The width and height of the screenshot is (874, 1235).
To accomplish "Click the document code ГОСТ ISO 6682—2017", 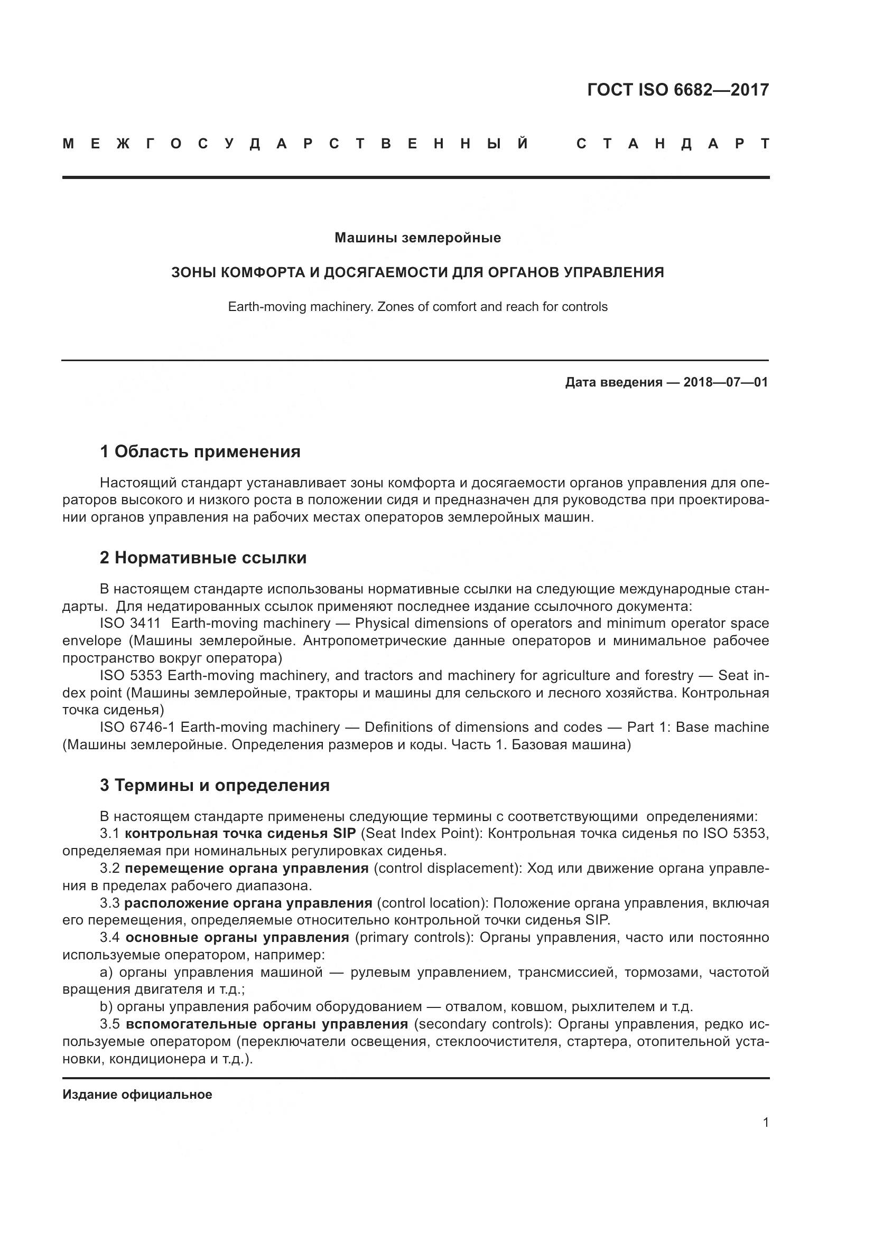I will point(677,90).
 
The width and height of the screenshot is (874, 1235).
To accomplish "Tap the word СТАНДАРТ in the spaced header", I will point(673,144).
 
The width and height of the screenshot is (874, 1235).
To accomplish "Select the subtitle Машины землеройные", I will point(417,238).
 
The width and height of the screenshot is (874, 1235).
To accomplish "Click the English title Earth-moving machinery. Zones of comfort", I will point(417,307).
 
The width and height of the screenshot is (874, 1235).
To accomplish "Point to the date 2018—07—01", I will point(725,382).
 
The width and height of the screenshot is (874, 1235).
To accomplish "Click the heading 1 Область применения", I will point(200,452).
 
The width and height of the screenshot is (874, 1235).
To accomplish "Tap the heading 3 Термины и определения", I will point(214,785).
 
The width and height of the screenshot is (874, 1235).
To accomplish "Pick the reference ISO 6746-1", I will point(137,727).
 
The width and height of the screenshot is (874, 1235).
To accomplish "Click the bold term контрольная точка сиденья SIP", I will point(240,834).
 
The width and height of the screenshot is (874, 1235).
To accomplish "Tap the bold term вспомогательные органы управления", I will point(267,1024).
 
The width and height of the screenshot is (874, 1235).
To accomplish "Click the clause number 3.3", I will point(109,903).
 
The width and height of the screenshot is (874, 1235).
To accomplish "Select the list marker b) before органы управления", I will point(106,1007).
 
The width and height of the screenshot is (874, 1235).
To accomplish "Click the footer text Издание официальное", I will point(137,1095).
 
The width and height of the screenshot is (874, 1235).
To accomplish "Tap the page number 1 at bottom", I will point(765,1123).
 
